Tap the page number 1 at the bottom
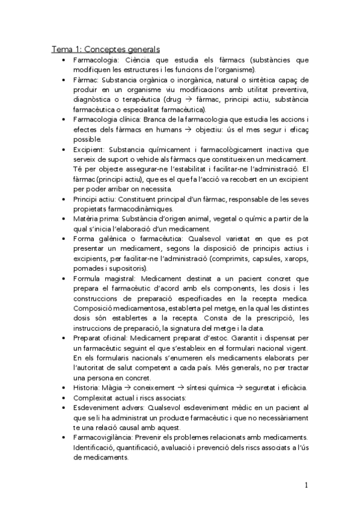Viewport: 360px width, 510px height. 307,485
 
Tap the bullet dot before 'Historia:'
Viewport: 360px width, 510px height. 64,387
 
